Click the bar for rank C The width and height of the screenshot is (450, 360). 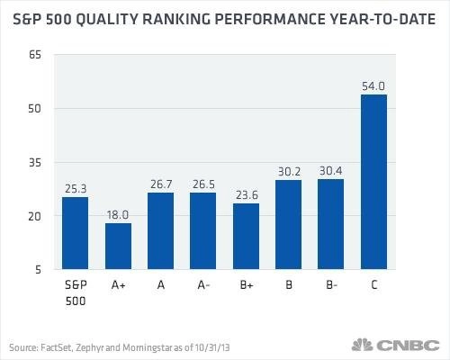coord(373,182)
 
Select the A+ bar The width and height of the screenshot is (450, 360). coord(118,246)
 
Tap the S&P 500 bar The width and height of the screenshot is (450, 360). coord(75,233)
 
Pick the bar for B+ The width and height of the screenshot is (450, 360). coord(246,237)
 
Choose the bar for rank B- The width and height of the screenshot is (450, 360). coord(330,224)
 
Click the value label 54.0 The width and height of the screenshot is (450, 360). coord(373,86)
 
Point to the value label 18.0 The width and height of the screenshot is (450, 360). coord(118,215)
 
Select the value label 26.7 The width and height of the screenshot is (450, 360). coord(161,184)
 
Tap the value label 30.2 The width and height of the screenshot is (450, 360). coord(289,172)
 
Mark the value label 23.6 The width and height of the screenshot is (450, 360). coord(247,195)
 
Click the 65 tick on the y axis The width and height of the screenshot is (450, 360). coord(34,55)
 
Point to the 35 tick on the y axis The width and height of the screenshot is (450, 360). coord(34,163)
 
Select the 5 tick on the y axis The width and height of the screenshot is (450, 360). coord(38,269)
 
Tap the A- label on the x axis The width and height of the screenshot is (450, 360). coord(203,284)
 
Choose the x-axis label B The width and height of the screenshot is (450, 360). coord(289,284)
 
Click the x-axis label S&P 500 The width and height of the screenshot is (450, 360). coord(76,292)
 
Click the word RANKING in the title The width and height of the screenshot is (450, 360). coord(176,20)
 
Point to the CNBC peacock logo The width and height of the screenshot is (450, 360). coord(362,345)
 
